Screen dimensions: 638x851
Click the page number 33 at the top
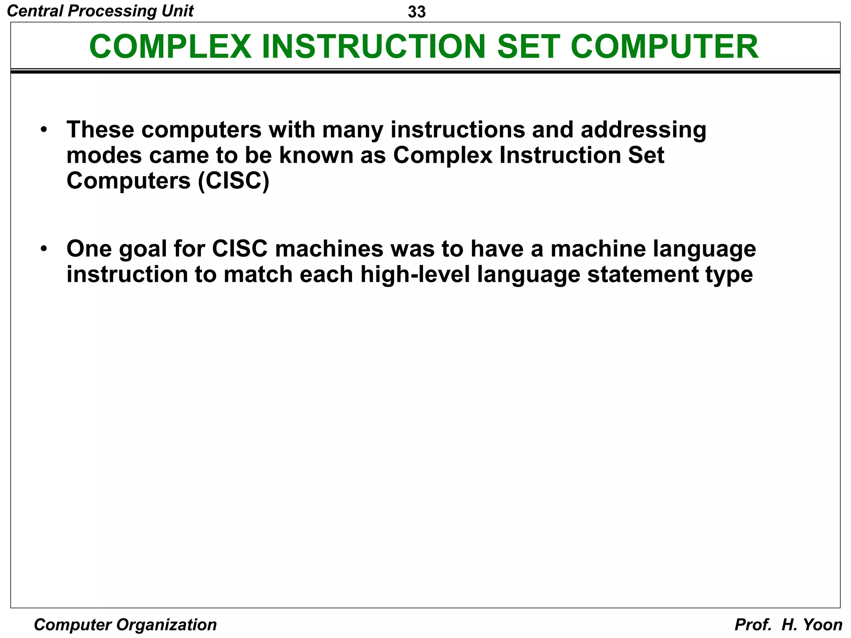click(x=416, y=12)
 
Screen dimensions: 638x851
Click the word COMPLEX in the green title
click(x=170, y=47)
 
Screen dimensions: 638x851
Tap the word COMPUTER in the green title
click(x=664, y=47)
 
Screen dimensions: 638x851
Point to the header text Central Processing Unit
click(x=100, y=11)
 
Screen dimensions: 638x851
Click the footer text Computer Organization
click(x=125, y=625)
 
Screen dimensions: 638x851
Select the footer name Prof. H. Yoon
click(x=788, y=625)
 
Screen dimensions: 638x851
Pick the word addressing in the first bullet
click(x=643, y=130)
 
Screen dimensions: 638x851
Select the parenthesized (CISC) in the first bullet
click(x=234, y=181)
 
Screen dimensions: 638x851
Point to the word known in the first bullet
click(x=316, y=155)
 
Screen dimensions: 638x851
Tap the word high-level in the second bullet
click(x=415, y=275)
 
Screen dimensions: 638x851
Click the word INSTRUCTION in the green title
click(x=373, y=47)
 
